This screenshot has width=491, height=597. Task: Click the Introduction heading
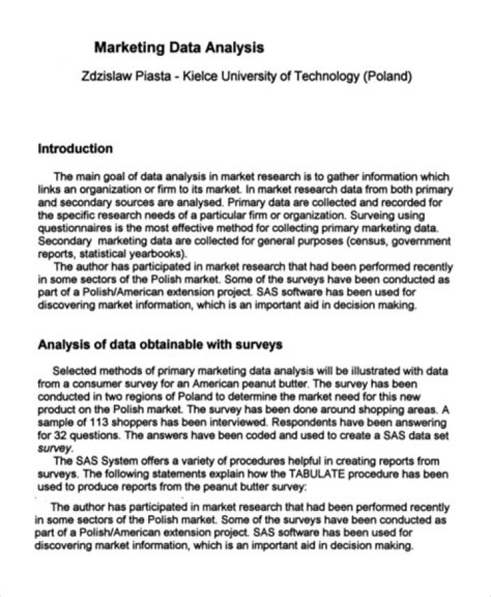tap(75, 149)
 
